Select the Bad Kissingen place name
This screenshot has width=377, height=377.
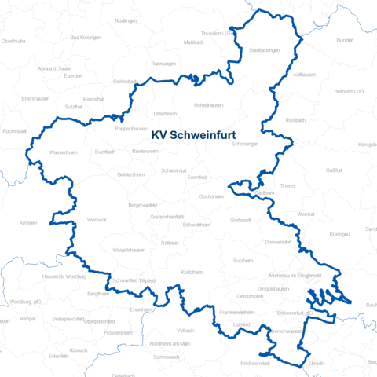pos(85,37)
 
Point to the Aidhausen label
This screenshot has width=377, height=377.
pos(303,74)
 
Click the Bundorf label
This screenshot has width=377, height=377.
pos(345,39)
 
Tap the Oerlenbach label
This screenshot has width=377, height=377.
pos(126,81)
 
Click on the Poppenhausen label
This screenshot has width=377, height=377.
pos(131,128)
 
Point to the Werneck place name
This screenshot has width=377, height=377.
pos(97,219)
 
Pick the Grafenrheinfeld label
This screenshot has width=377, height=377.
pos(167,215)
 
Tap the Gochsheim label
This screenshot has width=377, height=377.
pos(212,196)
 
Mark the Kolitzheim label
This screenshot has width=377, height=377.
pos(192,272)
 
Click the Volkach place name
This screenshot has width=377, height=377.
pos(185,331)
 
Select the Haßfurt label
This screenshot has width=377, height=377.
pos(334,170)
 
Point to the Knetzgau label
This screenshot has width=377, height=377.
pos(339,235)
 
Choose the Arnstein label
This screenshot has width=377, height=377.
pos(29,222)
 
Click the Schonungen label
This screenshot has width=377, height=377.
pos(244,145)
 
